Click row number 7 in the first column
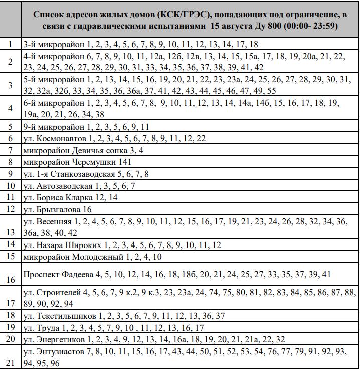[10, 150]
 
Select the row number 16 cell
[10, 280]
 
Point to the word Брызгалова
[59, 209]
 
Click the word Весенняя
[54, 221]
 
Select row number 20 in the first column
[10, 339]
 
